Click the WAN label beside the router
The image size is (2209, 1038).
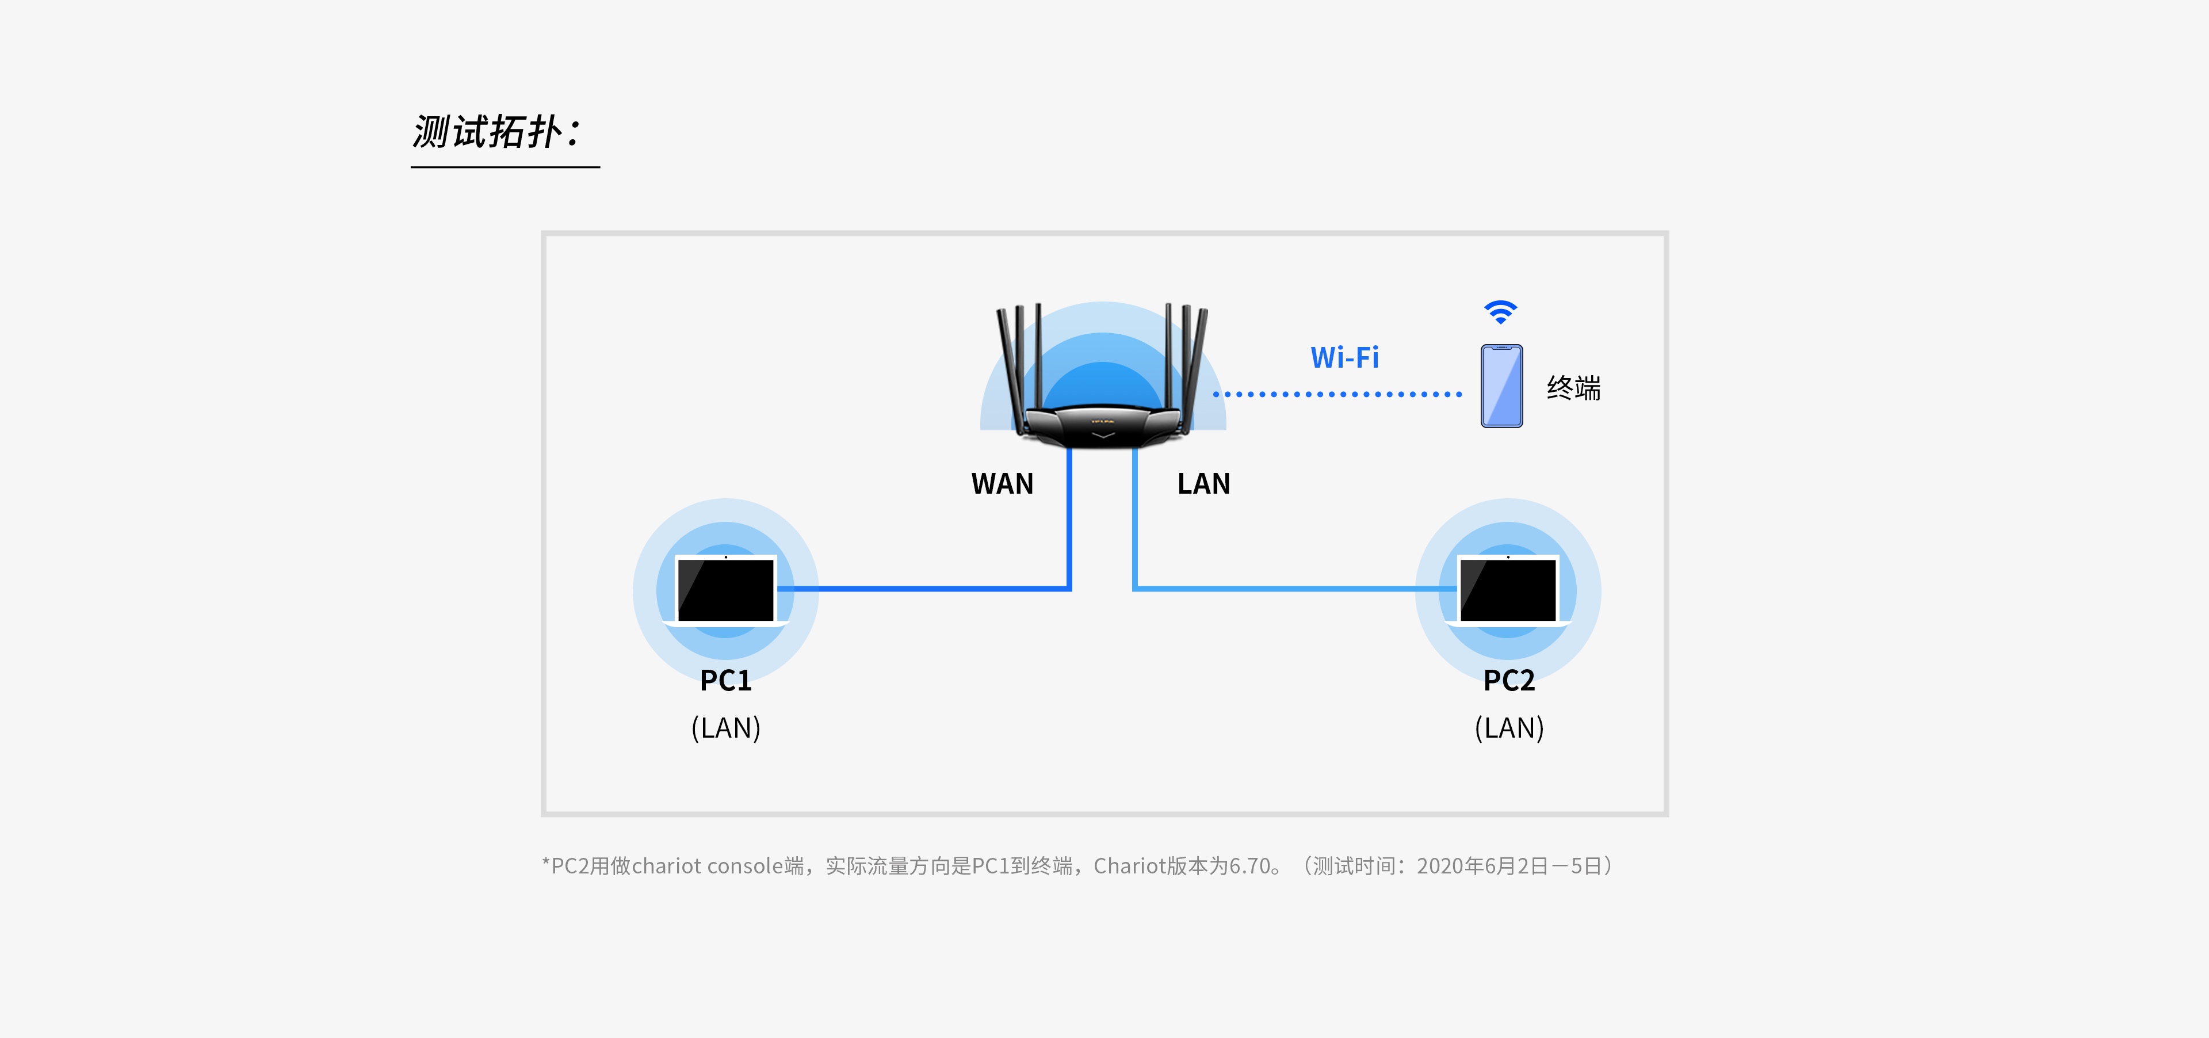(x=1002, y=484)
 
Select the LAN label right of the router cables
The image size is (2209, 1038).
(x=1203, y=484)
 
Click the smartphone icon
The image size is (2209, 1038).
(x=1501, y=386)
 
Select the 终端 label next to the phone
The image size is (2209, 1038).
(x=1573, y=388)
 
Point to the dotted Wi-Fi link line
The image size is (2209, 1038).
(x=1337, y=395)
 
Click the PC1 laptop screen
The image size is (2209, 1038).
(x=725, y=589)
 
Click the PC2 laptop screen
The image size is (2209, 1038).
(x=1508, y=589)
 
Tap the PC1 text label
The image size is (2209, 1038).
(x=725, y=680)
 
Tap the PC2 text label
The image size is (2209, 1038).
(x=1508, y=680)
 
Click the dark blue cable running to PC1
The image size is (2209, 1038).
(x=926, y=589)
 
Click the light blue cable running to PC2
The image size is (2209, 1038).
(x=1286, y=589)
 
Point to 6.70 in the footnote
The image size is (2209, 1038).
(x=1249, y=867)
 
